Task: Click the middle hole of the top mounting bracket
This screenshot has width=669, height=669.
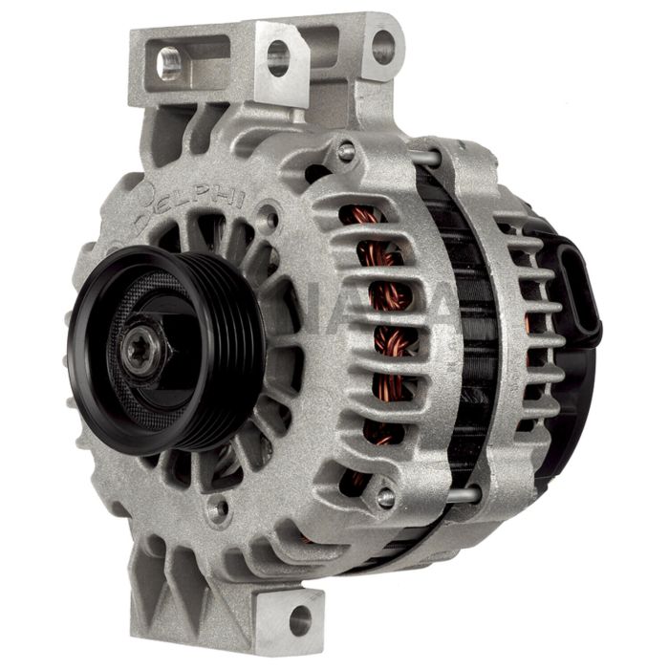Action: pyautogui.click(x=278, y=58)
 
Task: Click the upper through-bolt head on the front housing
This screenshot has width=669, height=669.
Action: pyautogui.click(x=346, y=150)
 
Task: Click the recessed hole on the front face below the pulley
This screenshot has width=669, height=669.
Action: pyautogui.click(x=220, y=508)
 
